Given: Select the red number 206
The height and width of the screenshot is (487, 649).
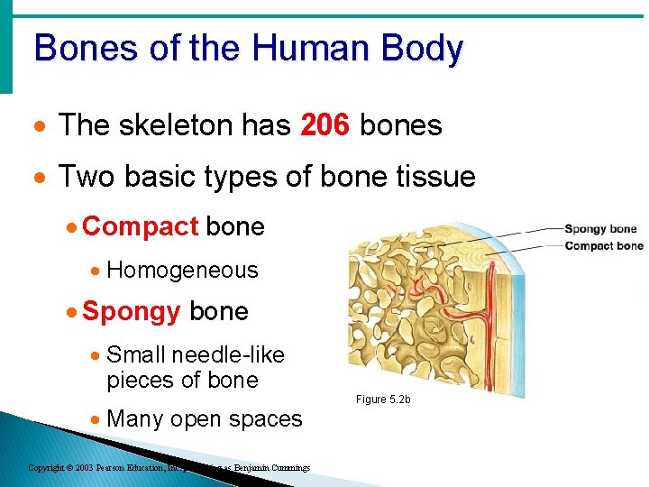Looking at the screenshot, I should [x=324, y=125].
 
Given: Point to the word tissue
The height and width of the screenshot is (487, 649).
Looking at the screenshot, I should [x=430, y=176].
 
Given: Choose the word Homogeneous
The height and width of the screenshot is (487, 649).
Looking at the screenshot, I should [x=182, y=270].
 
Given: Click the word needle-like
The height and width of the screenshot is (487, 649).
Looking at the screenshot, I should [x=228, y=354].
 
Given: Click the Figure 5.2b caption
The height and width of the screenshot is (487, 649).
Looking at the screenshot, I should [x=383, y=399].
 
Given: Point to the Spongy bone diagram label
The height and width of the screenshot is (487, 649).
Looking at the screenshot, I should [x=600, y=229].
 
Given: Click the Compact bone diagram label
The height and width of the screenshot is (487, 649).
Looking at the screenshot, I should [x=603, y=245].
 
